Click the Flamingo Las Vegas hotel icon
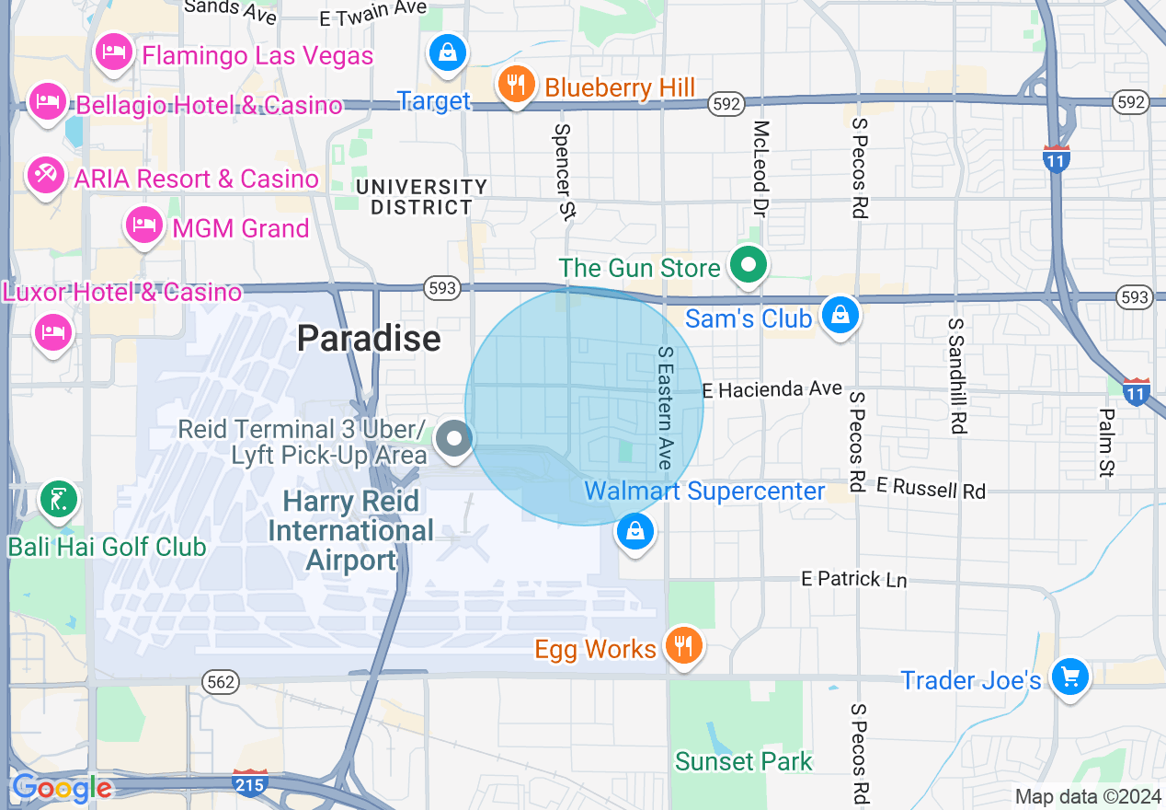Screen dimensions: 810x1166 [113, 52]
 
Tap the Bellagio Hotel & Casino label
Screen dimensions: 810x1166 [209, 105]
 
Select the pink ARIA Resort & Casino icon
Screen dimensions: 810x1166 [43, 174]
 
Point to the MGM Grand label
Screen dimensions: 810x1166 [241, 227]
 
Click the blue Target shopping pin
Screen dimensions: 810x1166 [447, 52]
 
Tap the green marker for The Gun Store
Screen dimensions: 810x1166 [749, 265]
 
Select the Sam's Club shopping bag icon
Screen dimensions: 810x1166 [840, 315]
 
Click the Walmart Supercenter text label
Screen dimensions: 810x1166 [704, 491]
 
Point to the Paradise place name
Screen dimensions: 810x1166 [369, 339]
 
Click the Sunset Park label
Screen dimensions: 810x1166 [743, 761]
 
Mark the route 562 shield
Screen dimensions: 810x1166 [222, 682]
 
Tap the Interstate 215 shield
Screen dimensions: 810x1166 [250, 784]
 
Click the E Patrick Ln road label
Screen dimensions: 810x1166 [853, 579]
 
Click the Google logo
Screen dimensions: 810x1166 [62, 789]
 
